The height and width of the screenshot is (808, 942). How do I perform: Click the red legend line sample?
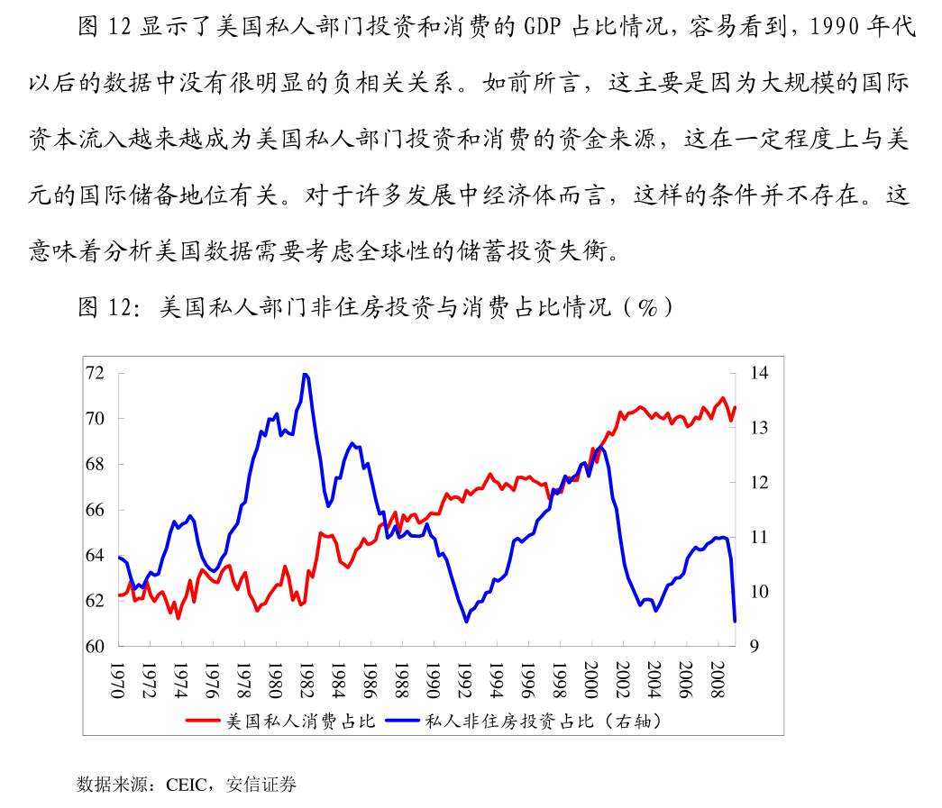point(204,721)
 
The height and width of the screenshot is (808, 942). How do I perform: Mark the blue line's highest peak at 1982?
point(306,374)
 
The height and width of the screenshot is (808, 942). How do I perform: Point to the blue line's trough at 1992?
point(466,622)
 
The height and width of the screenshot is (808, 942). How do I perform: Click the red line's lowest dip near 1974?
point(178,618)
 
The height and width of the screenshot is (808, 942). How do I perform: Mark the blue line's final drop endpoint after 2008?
point(735,621)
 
